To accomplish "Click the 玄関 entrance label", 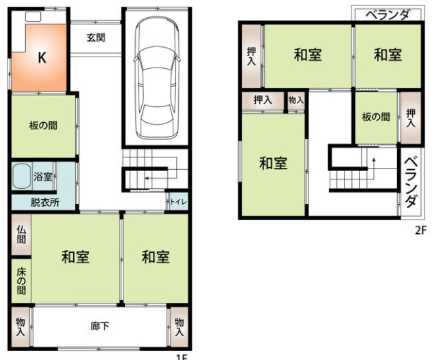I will (96, 37).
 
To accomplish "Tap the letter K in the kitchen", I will (42, 59).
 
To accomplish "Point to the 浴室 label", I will (43, 177).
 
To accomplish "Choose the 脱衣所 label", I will (44, 202).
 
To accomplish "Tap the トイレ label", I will (176, 202).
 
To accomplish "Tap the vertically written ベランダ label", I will (411, 182).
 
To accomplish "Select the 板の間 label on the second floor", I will (376, 117).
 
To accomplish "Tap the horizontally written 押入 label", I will (263, 100).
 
